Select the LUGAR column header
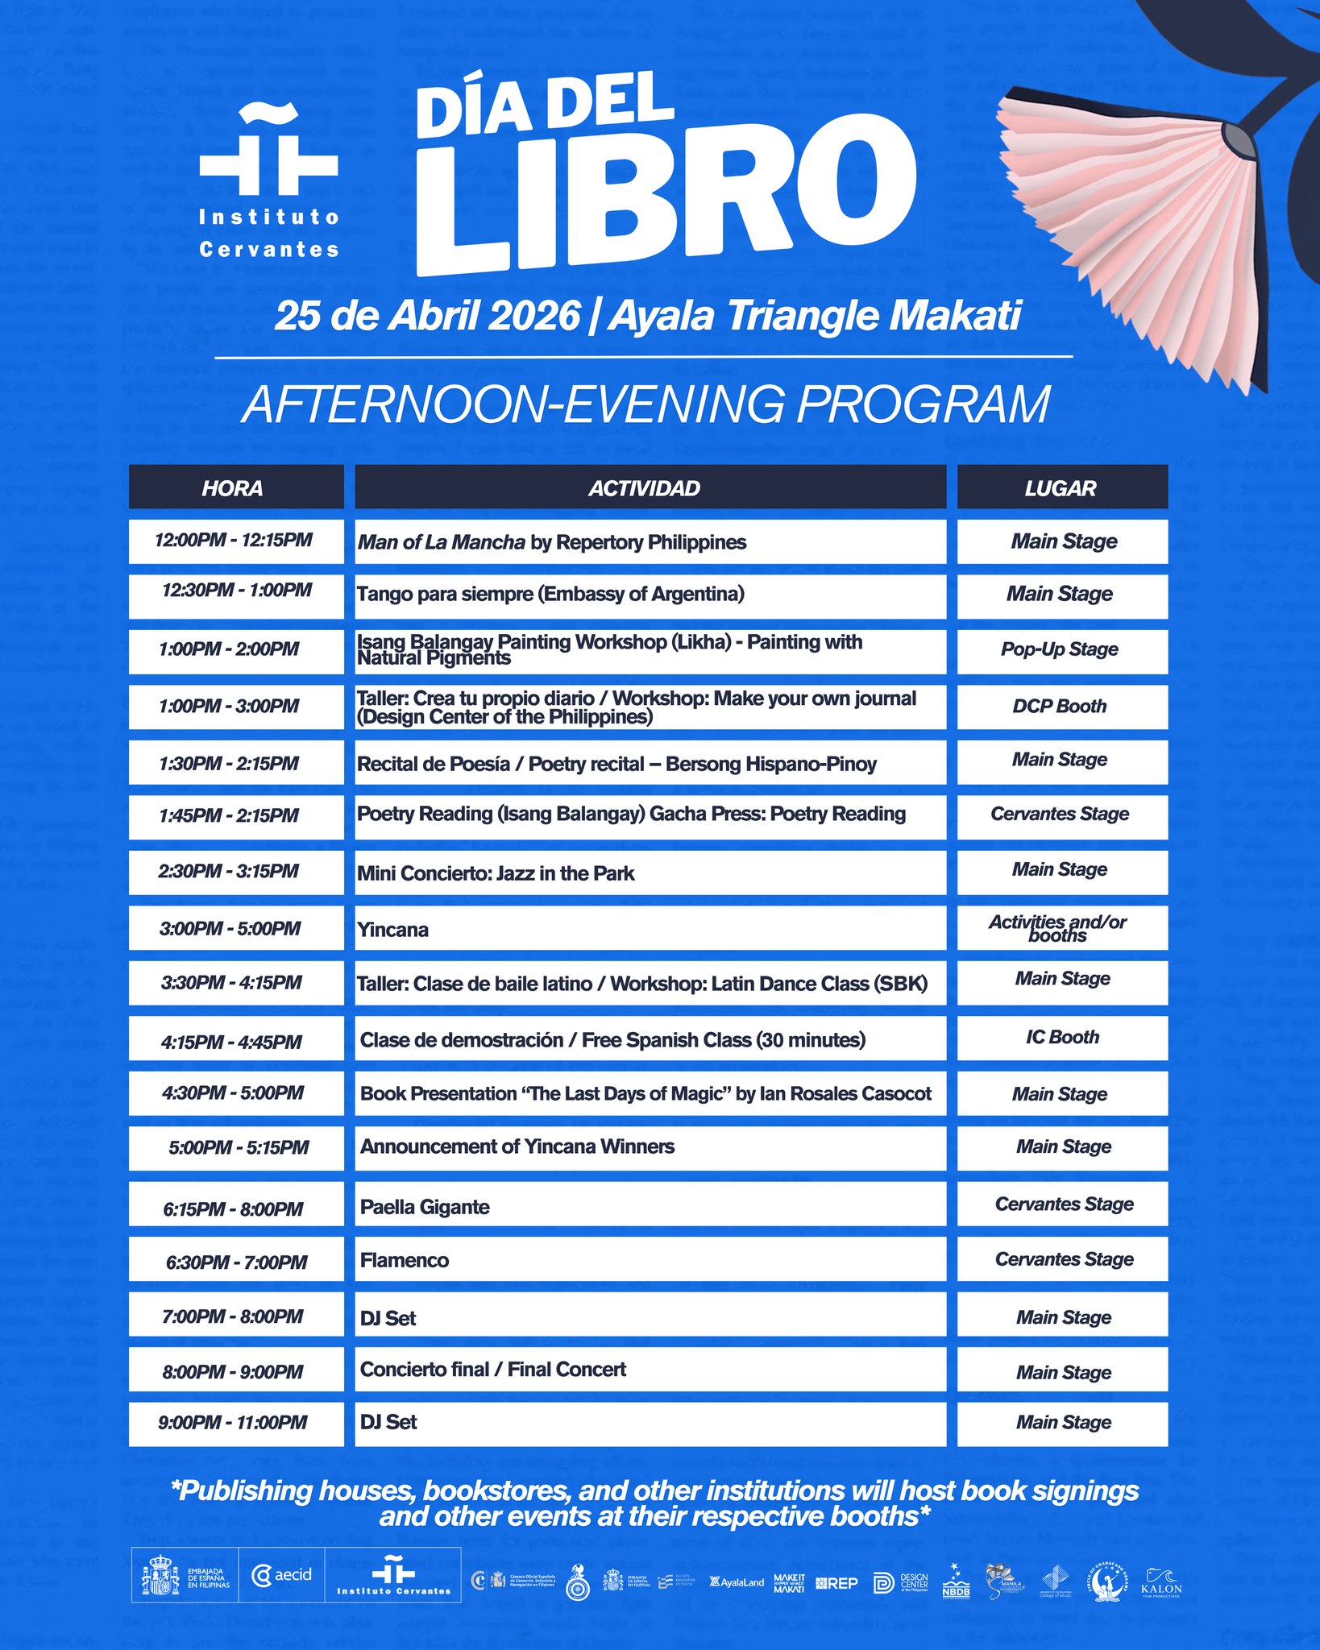point(1061,487)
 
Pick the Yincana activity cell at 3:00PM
point(650,929)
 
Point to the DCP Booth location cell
point(1061,707)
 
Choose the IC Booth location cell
point(1061,1038)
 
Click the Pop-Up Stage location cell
point(1061,650)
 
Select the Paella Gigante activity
point(650,1206)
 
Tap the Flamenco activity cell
point(650,1260)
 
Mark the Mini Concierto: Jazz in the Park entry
point(650,873)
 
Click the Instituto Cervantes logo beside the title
point(268,181)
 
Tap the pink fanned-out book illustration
point(1128,234)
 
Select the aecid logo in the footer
point(282,1575)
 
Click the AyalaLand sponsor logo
point(737,1582)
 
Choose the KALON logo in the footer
point(1161,1582)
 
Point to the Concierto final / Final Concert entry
point(650,1370)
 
